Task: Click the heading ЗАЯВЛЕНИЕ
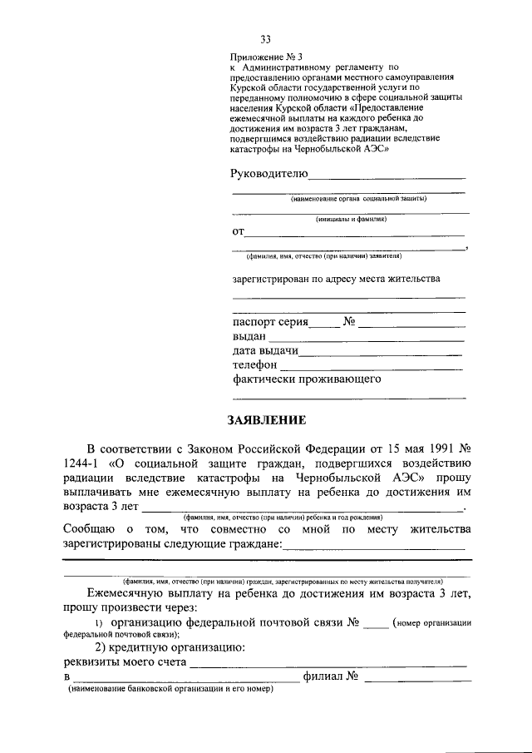pos(265,419)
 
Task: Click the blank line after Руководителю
pos(387,176)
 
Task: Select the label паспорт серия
pos(270,321)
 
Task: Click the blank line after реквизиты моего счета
pos(328,665)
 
